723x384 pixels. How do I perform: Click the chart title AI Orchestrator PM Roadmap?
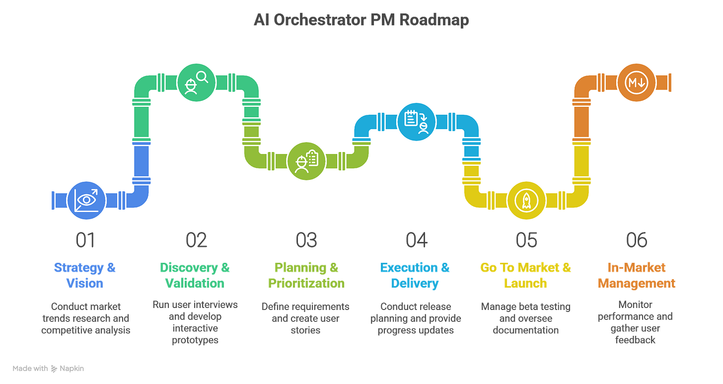361,21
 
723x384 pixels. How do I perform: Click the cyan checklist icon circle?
416,121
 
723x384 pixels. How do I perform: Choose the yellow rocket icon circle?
526,200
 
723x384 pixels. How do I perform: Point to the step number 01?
85,240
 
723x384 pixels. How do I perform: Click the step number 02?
196,240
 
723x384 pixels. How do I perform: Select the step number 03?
306,240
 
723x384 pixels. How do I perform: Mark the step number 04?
416,240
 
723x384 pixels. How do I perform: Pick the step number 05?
526,240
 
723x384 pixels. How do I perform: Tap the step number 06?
636,240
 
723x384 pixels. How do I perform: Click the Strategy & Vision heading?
85,275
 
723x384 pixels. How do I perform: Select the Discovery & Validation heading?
196,275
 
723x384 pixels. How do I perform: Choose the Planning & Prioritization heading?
306,275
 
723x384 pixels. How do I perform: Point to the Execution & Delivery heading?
416,275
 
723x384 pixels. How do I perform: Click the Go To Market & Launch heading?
526,275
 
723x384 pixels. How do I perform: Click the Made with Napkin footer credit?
48,368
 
